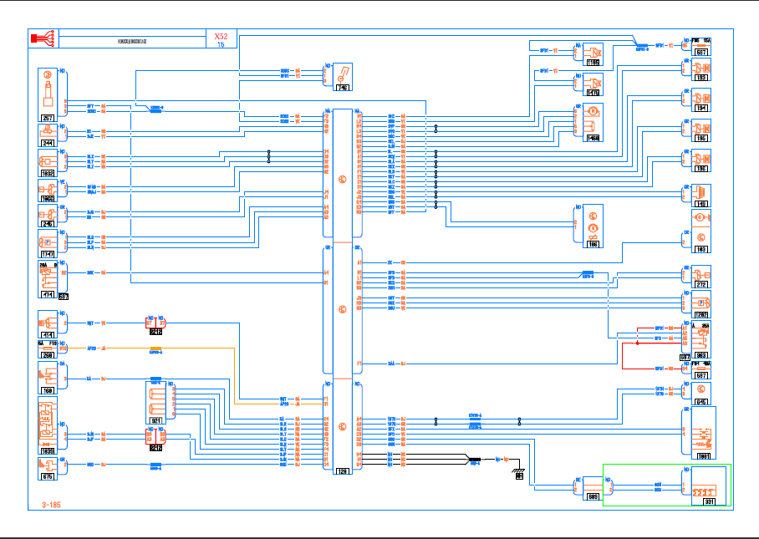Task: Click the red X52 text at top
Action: point(221,37)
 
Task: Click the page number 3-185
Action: point(51,505)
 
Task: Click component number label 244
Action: point(48,143)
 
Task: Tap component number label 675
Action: point(48,475)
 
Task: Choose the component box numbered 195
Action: point(700,131)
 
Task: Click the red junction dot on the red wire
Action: point(637,343)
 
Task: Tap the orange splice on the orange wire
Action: point(155,348)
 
